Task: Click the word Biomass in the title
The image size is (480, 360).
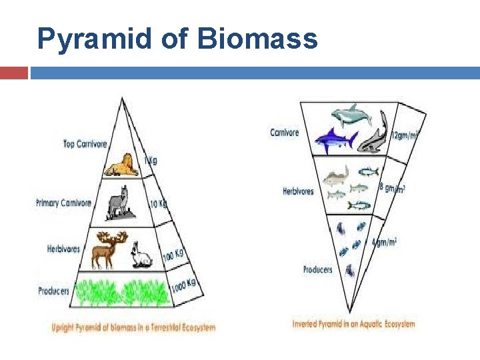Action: [257, 39]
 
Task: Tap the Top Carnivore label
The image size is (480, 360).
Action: [85, 143]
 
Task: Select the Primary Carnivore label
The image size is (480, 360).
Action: [63, 203]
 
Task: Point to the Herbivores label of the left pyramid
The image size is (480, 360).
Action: [63, 249]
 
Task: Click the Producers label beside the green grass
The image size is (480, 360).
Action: [53, 291]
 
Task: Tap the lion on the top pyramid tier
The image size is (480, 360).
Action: [123, 165]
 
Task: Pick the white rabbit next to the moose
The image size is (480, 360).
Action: [141, 255]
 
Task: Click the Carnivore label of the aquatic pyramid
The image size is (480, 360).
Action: [285, 133]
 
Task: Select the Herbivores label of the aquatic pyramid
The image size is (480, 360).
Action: [298, 191]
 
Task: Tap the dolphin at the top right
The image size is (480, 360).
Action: [353, 115]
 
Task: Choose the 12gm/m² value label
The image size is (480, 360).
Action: [405, 135]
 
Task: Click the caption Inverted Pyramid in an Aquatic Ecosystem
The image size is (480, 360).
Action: [353, 325]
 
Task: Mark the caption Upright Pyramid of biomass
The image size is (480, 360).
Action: [134, 327]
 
